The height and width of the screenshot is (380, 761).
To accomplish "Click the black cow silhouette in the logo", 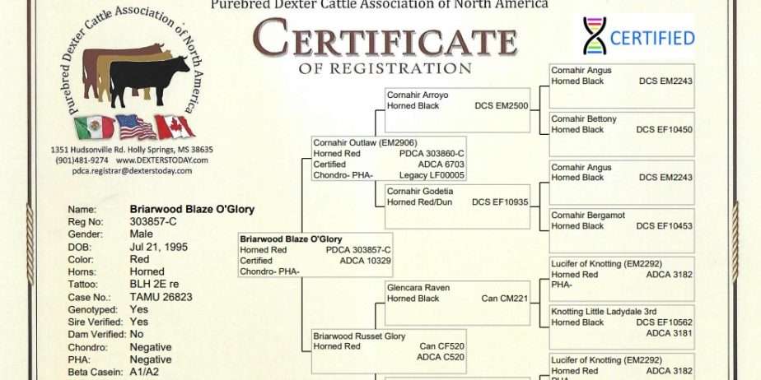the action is (148, 80).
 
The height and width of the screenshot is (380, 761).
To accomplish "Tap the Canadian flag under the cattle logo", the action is (175, 127).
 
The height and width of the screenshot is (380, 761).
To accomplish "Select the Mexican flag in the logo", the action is (95, 127).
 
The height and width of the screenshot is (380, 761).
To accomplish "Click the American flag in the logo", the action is (135, 127).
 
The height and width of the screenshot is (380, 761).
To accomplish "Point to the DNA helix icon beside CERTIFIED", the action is (595, 36).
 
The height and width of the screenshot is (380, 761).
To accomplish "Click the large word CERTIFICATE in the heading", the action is (385, 38).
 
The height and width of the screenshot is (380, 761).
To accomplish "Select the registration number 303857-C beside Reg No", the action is (153, 222).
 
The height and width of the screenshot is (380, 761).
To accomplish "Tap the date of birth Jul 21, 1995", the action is (158, 248).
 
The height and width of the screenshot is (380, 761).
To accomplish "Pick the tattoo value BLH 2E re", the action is (154, 285).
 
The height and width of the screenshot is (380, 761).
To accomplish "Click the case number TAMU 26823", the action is (161, 297).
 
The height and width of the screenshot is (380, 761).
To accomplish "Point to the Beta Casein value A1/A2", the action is (144, 373).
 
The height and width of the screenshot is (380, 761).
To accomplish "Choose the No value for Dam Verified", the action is (137, 335).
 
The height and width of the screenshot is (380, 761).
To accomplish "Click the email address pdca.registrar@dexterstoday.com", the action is (132, 171).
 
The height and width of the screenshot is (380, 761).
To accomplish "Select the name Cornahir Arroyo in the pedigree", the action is (418, 95).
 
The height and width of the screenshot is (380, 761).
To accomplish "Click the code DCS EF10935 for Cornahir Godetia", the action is (500, 202).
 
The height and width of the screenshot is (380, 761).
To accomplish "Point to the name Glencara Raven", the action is (418, 288).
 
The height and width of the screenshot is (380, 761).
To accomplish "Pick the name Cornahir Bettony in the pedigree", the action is (584, 119).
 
